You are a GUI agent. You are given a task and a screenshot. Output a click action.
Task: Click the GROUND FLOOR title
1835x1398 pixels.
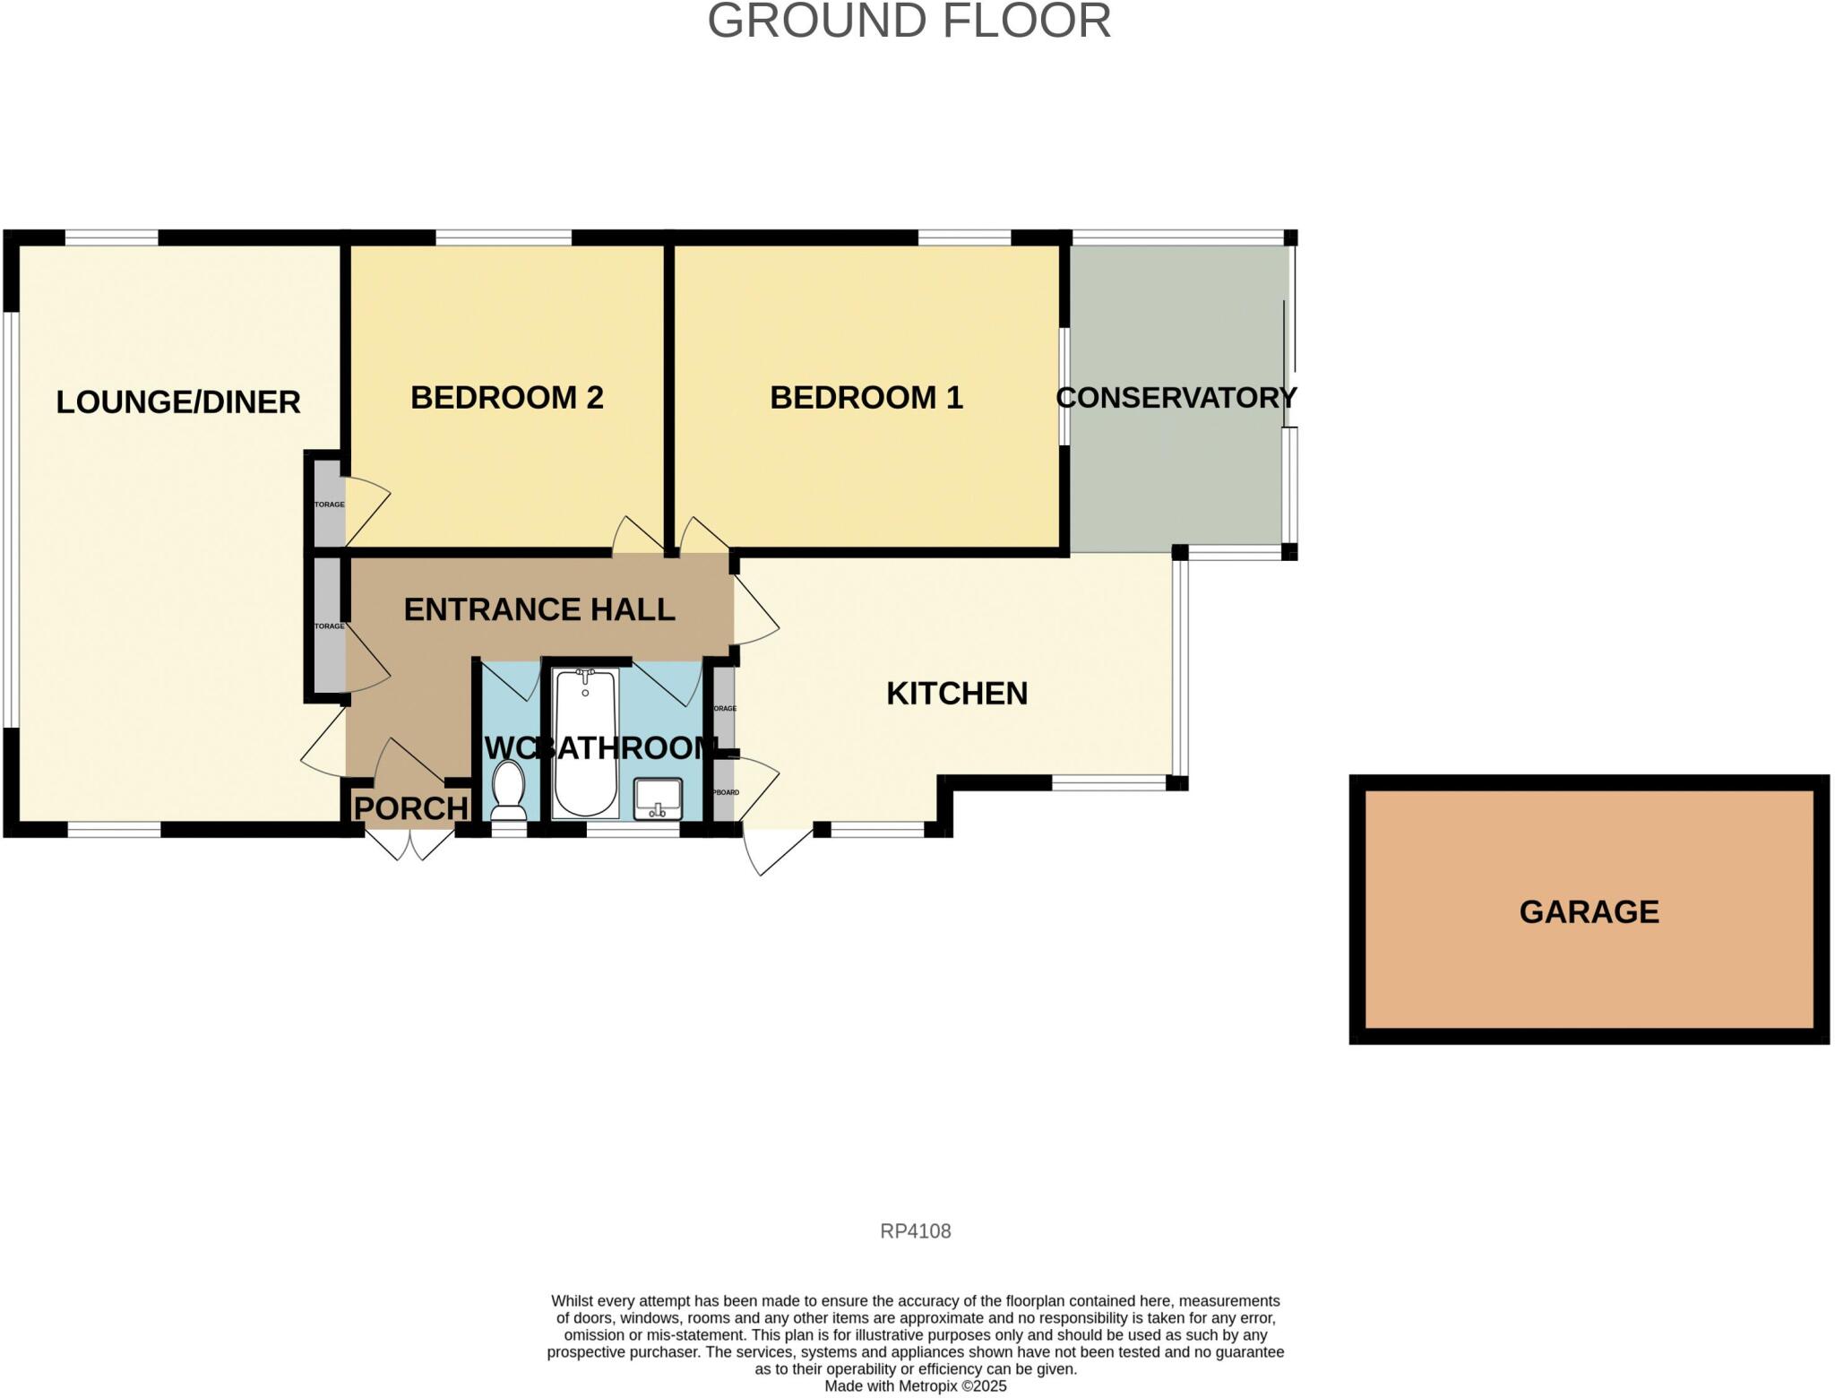[x=909, y=21]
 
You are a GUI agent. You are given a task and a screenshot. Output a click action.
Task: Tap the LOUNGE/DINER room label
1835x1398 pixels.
[x=178, y=402]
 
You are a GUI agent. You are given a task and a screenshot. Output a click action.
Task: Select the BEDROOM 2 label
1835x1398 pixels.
[x=506, y=398]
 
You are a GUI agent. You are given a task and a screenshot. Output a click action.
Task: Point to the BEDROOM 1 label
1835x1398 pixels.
[x=866, y=398]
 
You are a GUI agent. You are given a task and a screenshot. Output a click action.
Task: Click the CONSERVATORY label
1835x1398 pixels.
[x=1176, y=398]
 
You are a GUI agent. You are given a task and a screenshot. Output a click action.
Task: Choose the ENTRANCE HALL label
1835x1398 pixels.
[x=538, y=609]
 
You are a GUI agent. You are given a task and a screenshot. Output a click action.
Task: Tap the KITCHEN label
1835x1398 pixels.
[x=956, y=694]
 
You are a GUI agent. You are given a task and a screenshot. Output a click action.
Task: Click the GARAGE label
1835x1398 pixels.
[x=1589, y=912]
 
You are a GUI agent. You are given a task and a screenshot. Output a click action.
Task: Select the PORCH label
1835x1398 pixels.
[x=410, y=808]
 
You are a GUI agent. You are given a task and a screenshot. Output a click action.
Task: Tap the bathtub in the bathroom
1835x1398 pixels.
[x=585, y=742]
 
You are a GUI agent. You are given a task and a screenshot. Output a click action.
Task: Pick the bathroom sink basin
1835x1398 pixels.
[x=658, y=798]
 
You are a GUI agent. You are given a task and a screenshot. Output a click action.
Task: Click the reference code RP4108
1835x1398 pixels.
[x=915, y=1231]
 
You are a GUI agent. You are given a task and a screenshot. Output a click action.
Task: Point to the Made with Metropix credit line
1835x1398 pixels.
[x=915, y=1386]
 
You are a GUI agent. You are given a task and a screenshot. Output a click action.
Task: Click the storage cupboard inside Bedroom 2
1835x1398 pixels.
[x=329, y=504]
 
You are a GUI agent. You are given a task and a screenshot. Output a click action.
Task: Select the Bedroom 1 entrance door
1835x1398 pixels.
[x=703, y=536]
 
